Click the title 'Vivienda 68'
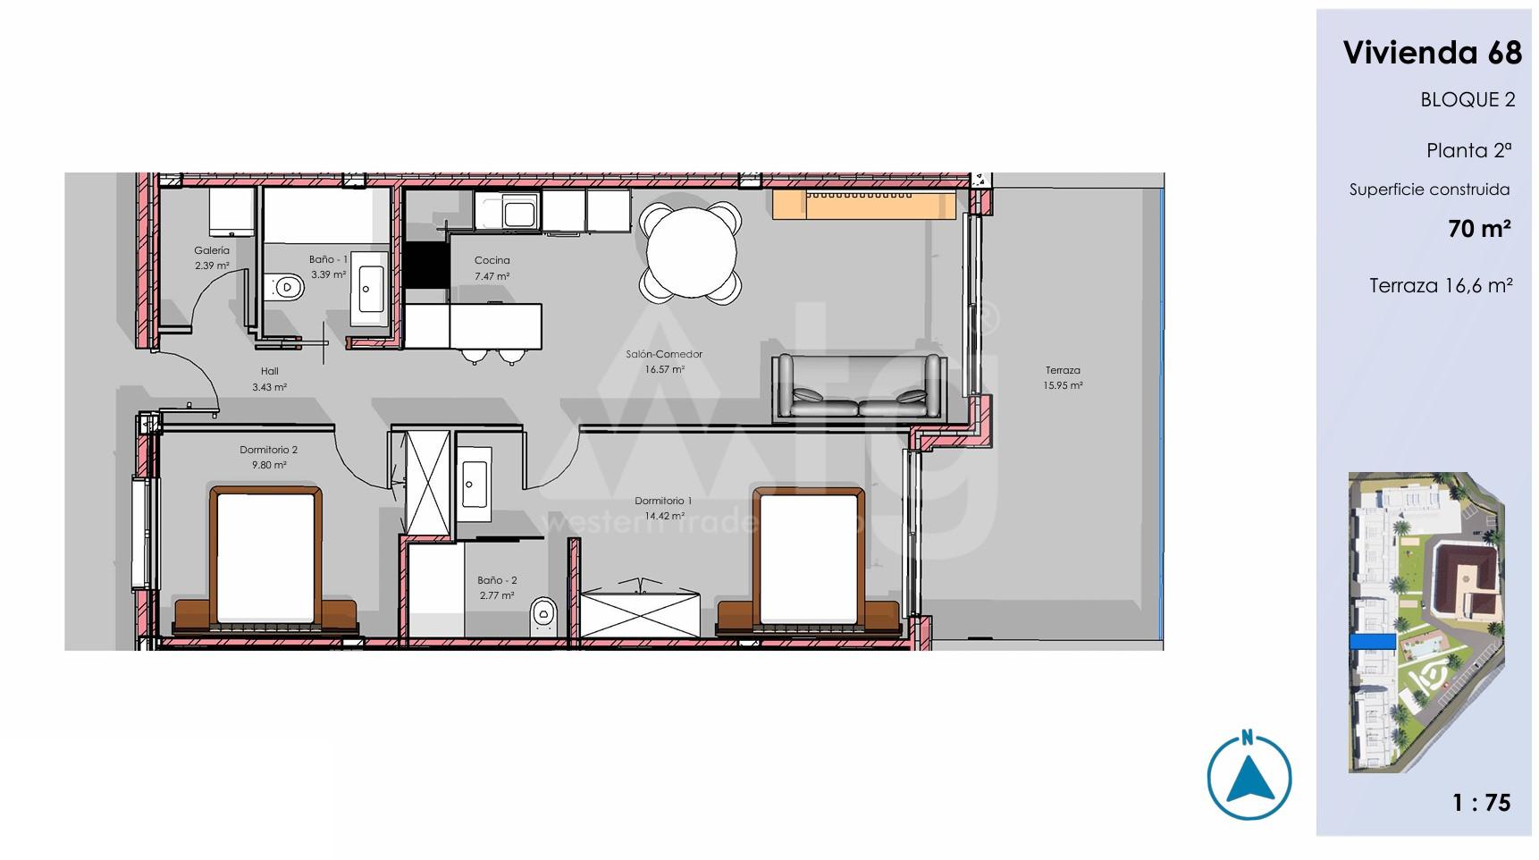click(1432, 53)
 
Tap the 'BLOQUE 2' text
click(1468, 100)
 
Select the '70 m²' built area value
click(1479, 229)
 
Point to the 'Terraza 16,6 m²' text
click(1441, 285)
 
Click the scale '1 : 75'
click(1481, 803)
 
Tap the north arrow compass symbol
click(1249, 776)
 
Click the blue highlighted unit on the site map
click(1372, 641)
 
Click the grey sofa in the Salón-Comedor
click(859, 387)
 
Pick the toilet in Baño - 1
click(285, 287)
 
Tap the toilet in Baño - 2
click(543, 616)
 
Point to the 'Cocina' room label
click(492, 260)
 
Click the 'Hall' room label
click(269, 371)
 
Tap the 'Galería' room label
click(212, 250)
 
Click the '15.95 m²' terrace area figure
click(1063, 385)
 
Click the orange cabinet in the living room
click(864, 204)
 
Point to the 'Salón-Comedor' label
click(664, 354)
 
